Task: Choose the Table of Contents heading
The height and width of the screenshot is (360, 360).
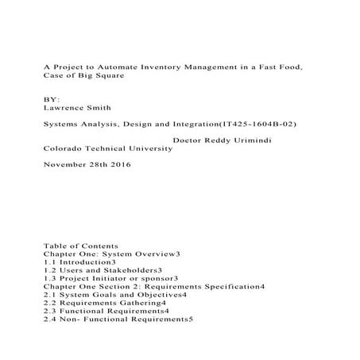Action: [81, 246]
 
